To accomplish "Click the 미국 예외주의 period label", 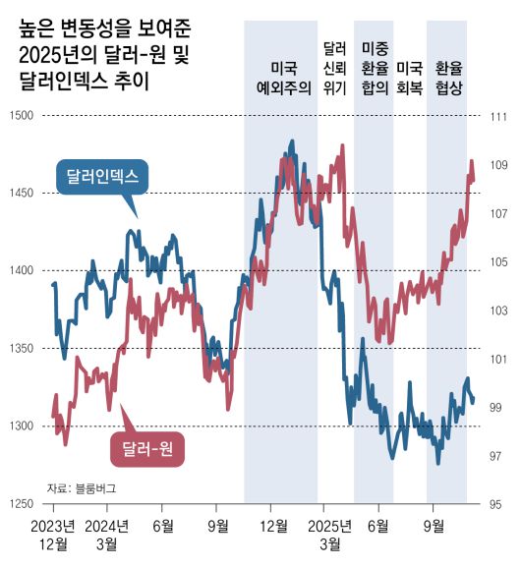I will pyautogui.click(x=282, y=78).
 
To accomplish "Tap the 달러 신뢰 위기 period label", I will pyautogui.click(x=334, y=67).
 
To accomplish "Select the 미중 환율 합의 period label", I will pyautogui.click(x=374, y=67).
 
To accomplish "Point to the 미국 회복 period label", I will pyautogui.click(x=409, y=78).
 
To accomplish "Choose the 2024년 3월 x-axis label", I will pyautogui.click(x=108, y=533).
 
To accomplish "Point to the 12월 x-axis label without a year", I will pyautogui.click(x=272, y=524).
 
